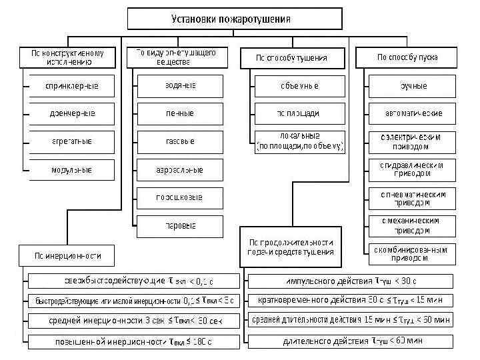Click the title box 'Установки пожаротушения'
click(235, 18)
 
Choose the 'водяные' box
click(180, 87)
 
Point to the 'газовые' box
click(180, 142)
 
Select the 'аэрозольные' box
click(180, 170)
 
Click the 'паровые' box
click(180, 225)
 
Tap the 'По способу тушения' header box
click(291, 57)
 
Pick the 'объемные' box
click(299, 87)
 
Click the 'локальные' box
click(299, 142)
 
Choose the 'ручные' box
click(413, 87)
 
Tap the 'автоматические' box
click(413, 114)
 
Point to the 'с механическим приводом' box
click(413, 225)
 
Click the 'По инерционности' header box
click(65, 255)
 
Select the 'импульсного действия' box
click(351, 280)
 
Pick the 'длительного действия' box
click(351, 341)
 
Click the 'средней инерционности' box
click(134, 321)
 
